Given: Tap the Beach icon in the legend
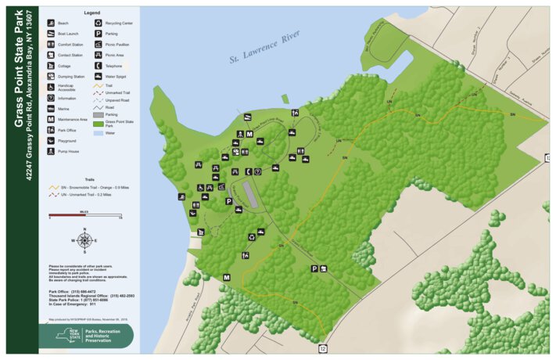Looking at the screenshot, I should [51, 23].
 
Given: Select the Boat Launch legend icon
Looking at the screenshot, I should [51, 34].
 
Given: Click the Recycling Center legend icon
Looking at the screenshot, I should [99, 23].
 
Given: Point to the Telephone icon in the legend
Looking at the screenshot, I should [99, 67].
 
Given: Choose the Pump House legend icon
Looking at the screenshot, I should [51, 151].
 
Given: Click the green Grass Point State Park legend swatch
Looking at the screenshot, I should [99, 123].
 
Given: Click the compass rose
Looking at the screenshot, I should [84, 240].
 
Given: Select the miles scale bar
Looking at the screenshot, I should [84, 214].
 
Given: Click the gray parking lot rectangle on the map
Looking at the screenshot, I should [249, 194].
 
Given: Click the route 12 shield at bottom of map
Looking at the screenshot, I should [323, 347].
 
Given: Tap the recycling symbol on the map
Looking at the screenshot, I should [251, 236].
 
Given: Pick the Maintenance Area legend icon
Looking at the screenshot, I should [51, 120].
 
